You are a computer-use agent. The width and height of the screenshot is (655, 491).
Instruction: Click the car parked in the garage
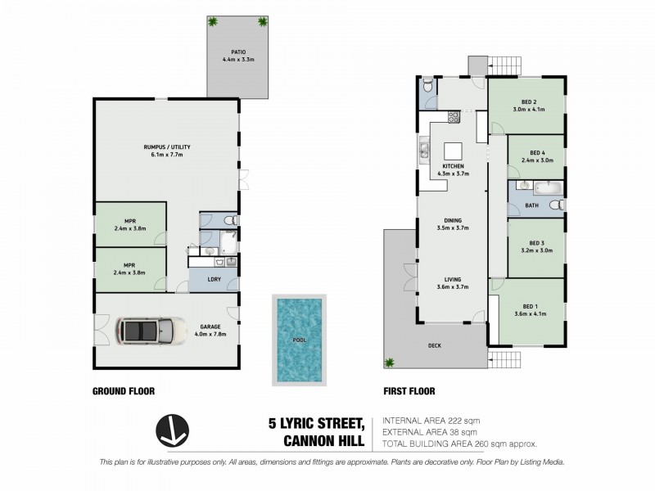(151, 331)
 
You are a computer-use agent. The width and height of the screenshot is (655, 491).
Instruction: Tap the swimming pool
(299, 340)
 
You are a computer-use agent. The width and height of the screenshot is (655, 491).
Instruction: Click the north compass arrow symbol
(172, 431)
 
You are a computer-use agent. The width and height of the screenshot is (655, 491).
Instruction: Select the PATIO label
(238, 52)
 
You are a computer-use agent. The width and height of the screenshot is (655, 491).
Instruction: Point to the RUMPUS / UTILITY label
(167, 147)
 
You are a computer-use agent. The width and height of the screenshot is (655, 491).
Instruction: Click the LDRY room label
(214, 279)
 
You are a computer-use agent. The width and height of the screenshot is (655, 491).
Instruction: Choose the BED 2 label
(529, 101)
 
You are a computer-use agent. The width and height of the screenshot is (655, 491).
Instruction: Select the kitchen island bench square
(453, 151)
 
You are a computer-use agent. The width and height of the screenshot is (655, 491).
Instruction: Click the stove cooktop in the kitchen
(454, 117)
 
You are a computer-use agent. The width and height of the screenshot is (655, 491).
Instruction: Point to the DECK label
(435, 345)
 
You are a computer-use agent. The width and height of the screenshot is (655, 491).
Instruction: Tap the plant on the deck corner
(390, 363)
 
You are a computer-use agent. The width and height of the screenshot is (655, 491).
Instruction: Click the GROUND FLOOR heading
(124, 391)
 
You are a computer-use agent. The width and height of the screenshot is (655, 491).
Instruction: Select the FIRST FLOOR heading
(409, 391)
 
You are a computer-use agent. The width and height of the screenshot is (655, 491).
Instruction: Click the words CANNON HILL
(323, 441)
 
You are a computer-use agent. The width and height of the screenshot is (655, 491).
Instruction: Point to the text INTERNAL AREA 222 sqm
(431, 421)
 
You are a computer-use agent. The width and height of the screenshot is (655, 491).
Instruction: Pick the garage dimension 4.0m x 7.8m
(210, 334)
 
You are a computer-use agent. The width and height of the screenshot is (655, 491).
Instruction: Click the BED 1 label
(530, 306)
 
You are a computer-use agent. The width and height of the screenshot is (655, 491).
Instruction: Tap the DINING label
(453, 220)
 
